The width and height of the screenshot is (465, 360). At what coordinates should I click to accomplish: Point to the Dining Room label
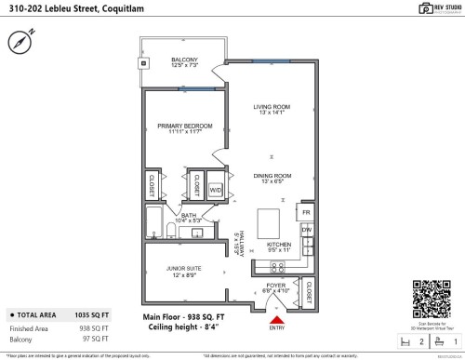[274, 178]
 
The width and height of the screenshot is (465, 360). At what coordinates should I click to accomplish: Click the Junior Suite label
[183, 271]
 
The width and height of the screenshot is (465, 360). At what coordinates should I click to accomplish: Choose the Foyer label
[275, 288]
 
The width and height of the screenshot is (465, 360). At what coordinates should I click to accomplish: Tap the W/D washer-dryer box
[215, 190]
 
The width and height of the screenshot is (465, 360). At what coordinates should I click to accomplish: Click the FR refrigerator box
[306, 213]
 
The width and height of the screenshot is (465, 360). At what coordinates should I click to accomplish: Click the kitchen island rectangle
[269, 224]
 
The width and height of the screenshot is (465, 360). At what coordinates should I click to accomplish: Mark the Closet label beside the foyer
[308, 289]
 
